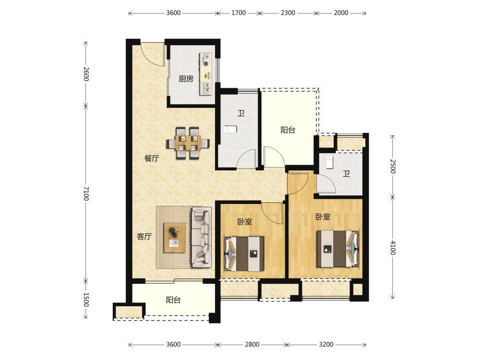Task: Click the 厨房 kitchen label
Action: [186, 79]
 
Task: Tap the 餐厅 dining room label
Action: [152, 158]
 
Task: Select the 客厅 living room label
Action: [144, 236]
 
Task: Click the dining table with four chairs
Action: [188, 143]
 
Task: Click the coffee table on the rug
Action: [175, 238]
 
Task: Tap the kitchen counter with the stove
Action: [206, 73]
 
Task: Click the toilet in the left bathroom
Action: [230, 130]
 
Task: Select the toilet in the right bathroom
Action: [329, 162]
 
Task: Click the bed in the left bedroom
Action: [244, 253]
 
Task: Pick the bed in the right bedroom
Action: [337, 249]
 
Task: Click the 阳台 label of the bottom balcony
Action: [173, 300]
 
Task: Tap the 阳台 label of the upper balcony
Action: [288, 130]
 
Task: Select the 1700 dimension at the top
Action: [239, 13]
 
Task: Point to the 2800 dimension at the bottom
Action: [252, 344]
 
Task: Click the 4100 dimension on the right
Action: [393, 248]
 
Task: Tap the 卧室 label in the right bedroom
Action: [323, 217]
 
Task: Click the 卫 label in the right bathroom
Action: [346, 174]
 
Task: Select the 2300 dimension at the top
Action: [288, 13]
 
